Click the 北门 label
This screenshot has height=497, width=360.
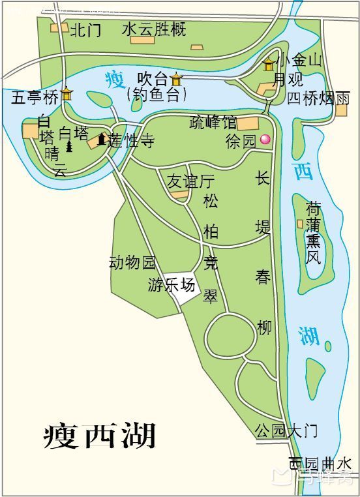[x=85, y=30]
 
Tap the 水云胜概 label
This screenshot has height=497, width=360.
[x=154, y=29]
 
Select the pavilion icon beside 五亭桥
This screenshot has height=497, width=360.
[x=67, y=95]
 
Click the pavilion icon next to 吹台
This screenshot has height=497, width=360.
[x=176, y=80]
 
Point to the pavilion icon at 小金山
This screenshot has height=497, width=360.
[x=269, y=64]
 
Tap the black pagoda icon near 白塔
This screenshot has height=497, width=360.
[x=69, y=146]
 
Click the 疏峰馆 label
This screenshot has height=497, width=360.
[x=213, y=121]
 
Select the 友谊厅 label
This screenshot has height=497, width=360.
[x=190, y=181]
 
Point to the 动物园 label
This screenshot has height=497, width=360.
[x=133, y=262]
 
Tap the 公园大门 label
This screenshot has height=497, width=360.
[x=286, y=430]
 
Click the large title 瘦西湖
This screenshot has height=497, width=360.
[x=99, y=436]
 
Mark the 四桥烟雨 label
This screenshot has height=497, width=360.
[x=319, y=98]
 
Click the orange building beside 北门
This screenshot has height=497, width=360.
[x=61, y=27]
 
